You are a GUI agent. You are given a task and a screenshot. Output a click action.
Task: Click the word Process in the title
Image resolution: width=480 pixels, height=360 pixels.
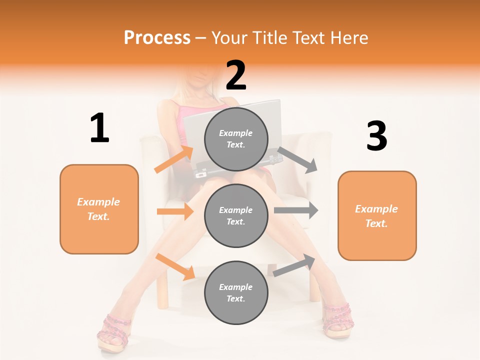[157, 37]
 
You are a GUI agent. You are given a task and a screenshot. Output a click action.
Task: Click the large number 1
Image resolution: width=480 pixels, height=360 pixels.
[99, 128]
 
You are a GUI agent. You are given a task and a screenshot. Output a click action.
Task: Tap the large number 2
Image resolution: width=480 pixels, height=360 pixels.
[236, 75]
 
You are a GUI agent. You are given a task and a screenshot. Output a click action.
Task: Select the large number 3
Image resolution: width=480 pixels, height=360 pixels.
[376, 136]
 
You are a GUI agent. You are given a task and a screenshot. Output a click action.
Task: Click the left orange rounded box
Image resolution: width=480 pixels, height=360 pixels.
[99, 209]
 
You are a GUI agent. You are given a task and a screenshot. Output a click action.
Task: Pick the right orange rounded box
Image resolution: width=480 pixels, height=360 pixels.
[377, 215]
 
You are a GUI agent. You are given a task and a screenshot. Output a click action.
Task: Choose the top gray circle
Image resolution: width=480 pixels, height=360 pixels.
[236, 138]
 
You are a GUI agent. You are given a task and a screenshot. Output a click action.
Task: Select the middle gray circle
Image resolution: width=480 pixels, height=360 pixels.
[236, 215]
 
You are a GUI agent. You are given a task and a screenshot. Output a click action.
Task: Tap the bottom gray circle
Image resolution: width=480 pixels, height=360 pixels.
[236, 292]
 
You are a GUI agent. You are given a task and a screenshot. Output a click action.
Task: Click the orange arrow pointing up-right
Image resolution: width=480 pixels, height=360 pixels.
[174, 159]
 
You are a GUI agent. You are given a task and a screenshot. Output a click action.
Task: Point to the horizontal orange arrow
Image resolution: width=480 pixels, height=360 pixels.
[175, 211]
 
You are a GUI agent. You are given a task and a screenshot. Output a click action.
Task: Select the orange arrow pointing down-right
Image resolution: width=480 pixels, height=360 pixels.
[175, 266]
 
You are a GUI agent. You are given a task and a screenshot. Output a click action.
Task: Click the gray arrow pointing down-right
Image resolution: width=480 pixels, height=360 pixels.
[297, 160]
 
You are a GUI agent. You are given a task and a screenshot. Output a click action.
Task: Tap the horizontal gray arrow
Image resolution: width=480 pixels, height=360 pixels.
[296, 210]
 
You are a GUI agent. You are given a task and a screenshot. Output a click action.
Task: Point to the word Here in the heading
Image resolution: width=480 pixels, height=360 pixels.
[349, 37]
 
